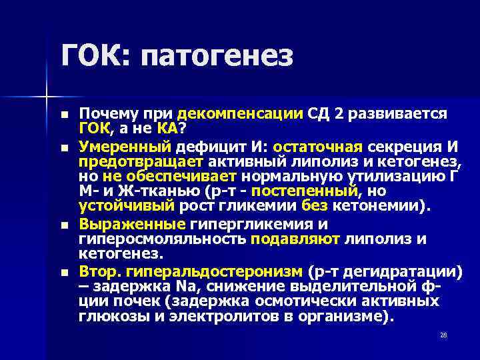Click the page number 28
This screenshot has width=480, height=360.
coord(443,335)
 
